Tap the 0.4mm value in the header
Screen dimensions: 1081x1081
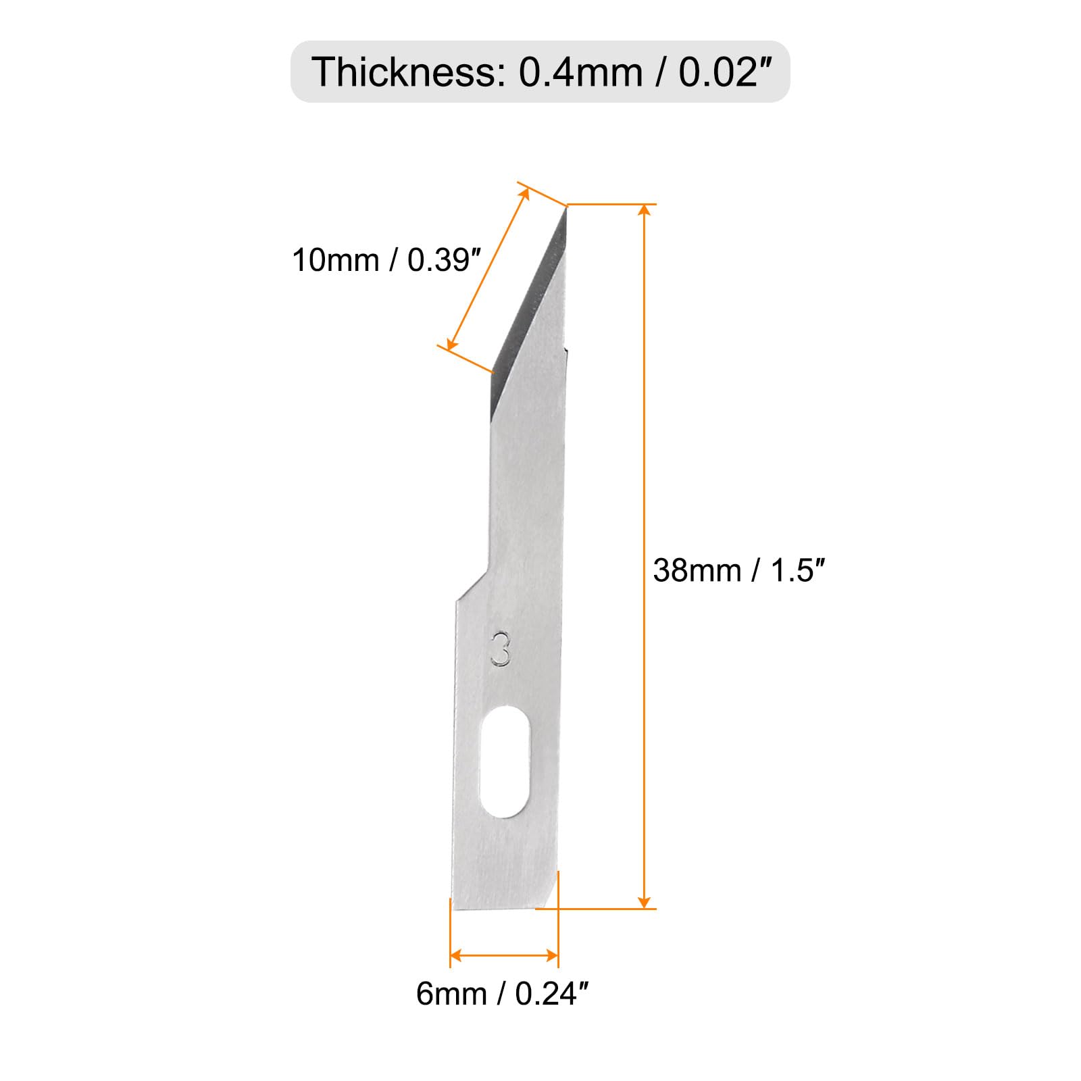click(x=580, y=72)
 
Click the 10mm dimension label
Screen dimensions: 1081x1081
click(x=335, y=260)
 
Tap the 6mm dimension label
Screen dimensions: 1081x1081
click(x=451, y=994)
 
